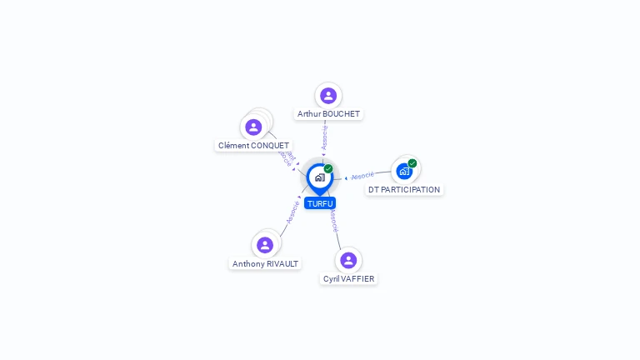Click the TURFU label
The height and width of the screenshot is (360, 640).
point(320,203)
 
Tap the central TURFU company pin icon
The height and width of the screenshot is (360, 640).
point(319,177)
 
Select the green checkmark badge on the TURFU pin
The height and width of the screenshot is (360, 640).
point(328,169)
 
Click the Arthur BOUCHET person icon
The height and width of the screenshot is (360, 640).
point(328,96)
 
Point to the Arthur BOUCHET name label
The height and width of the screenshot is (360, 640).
point(329,113)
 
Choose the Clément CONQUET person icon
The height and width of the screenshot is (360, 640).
point(253,127)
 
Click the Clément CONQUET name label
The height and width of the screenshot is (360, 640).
point(253,145)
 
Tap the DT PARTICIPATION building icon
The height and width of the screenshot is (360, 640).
point(404,172)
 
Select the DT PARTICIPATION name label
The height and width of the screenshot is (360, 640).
point(404,189)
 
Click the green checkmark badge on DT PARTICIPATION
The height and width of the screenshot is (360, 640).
point(412,163)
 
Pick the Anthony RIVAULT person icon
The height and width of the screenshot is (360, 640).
point(265,245)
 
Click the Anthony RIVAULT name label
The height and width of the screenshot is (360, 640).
point(265,263)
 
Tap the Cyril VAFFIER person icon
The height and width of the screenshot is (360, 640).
point(348,260)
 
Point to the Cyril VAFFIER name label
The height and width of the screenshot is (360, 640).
point(348,279)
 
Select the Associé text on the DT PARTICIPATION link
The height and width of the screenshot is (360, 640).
point(362,176)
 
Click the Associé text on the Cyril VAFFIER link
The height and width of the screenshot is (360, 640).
point(333,220)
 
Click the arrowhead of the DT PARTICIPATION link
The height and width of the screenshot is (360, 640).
point(346,177)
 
